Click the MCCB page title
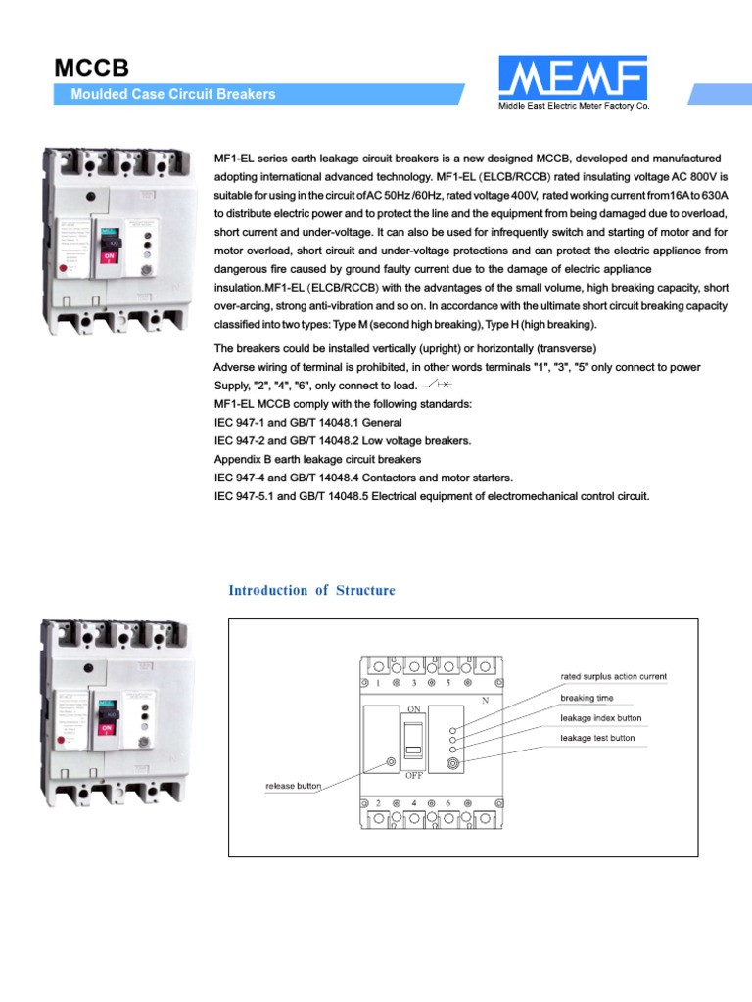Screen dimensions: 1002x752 [90, 68]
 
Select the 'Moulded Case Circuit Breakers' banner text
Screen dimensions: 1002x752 [173, 95]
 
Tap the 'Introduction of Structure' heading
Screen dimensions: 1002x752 [311, 590]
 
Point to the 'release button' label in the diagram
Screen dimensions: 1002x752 [294, 785]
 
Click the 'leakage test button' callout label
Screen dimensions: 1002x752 [597, 738]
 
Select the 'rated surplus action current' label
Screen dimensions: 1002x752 [614, 676]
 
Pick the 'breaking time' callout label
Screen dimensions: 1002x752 [587, 699]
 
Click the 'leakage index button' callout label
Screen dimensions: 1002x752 [601, 718]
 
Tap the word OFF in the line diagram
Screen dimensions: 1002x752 [414, 774]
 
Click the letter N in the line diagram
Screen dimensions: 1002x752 [484, 701]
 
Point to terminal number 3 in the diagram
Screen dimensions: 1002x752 [414, 682]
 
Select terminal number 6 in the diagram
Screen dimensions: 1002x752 [447, 802]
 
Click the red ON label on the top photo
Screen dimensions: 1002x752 [107, 258]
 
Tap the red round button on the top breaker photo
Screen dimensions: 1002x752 [64, 266]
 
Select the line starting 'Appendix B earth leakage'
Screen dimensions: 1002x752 [317, 459]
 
